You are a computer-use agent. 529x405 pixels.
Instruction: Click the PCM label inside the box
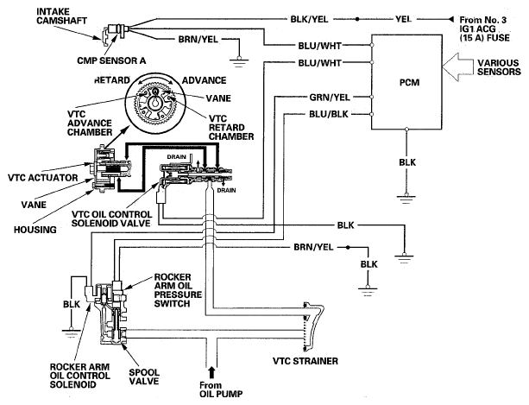point(409,82)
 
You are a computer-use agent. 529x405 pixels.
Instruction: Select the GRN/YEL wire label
point(330,98)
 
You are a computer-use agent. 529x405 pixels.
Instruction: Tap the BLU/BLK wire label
point(328,114)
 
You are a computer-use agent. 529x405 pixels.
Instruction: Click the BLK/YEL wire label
point(309,19)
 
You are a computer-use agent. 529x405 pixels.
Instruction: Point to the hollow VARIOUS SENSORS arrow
point(457,66)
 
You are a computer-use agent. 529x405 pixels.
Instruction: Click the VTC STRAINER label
point(305,361)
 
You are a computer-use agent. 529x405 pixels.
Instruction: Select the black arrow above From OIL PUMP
point(211,372)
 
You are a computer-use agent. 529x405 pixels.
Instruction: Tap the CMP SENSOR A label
point(111,60)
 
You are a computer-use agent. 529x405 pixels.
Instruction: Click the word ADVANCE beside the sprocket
point(205,80)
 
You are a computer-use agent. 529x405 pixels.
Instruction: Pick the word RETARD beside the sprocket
point(112,80)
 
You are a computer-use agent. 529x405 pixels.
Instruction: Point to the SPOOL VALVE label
point(144,377)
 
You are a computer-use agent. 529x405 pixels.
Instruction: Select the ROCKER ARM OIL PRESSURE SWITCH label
point(178,290)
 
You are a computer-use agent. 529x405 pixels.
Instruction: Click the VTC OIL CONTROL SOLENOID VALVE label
point(111,218)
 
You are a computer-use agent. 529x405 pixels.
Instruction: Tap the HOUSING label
point(35,230)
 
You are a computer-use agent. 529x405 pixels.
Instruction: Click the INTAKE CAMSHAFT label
point(62,16)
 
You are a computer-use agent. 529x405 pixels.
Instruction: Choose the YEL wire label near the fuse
point(403,19)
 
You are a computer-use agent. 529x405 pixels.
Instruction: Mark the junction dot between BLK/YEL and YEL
point(357,19)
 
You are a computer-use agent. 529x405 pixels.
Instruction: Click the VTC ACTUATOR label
point(43,178)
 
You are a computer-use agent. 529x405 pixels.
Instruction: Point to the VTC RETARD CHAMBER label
point(231,128)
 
